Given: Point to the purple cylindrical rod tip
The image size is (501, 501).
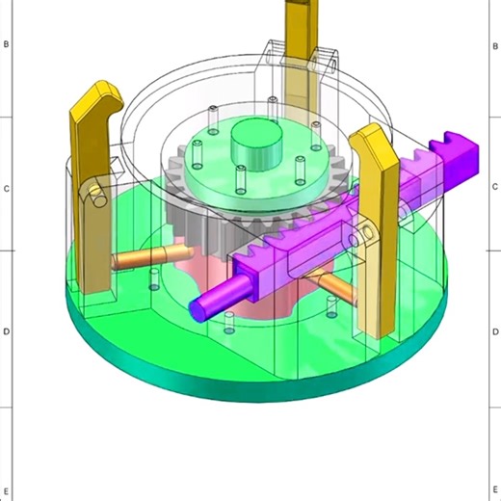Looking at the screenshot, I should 202,306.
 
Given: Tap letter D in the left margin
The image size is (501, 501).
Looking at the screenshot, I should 7,332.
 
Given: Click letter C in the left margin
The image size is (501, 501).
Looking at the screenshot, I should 7,189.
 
